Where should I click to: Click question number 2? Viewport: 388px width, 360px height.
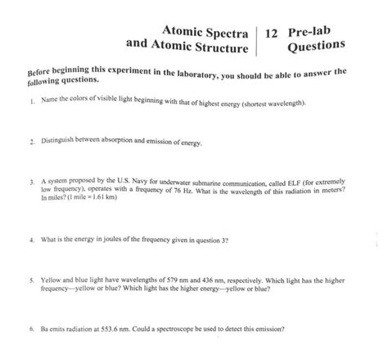pyautogui.click(x=29, y=142)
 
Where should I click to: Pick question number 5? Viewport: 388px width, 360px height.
pyautogui.click(x=29, y=279)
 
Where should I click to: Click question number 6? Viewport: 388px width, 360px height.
pyautogui.click(x=29, y=329)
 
